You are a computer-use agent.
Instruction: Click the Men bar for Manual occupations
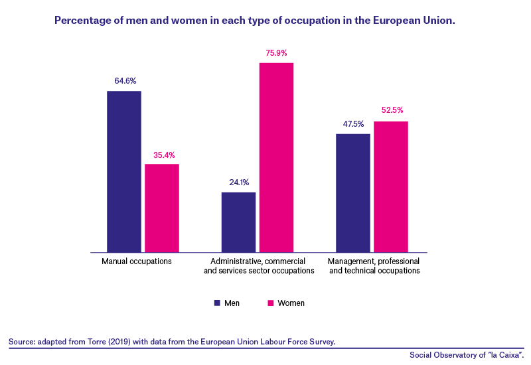(x=124, y=172)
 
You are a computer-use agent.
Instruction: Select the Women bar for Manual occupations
(x=162, y=208)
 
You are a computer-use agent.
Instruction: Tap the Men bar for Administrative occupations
(x=238, y=222)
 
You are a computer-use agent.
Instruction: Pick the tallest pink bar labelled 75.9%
(x=276, y=157)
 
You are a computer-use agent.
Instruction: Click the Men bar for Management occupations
(x=353, y=193)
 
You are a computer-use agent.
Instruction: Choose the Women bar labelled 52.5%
(x=391, y=187)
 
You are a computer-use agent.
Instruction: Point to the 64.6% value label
(x=125, y=81)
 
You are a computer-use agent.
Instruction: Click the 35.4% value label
(x=164, y=155)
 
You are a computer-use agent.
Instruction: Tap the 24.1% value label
(x=239, y=183)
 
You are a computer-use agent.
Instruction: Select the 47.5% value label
(x=353, y=124)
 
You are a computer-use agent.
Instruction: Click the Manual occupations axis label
(x=137, y=261)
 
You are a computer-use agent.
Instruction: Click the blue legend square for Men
(x=217, y=303)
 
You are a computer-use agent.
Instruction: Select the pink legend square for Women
(x=271, y=303)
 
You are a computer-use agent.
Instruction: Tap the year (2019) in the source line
(x=119, y=342)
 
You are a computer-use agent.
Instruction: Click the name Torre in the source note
(x=97, y=342)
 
